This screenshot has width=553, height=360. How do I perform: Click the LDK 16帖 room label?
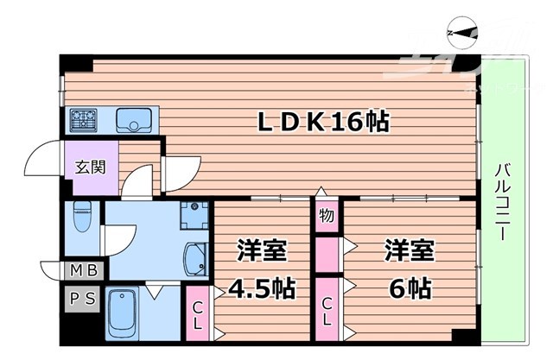click(324, 123)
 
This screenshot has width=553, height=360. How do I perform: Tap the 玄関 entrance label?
click(82, 167)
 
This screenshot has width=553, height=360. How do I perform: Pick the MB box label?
click(84, 271)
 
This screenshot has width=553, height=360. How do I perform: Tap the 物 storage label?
click(327, 214)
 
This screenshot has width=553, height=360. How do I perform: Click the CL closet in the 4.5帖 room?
click(198, 314)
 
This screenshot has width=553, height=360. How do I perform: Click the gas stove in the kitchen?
click(84, 118)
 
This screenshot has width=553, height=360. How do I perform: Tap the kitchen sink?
click(134, 118)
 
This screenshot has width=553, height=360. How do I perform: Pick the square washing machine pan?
click(196, 212)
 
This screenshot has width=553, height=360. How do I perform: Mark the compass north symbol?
click(460, 33)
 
